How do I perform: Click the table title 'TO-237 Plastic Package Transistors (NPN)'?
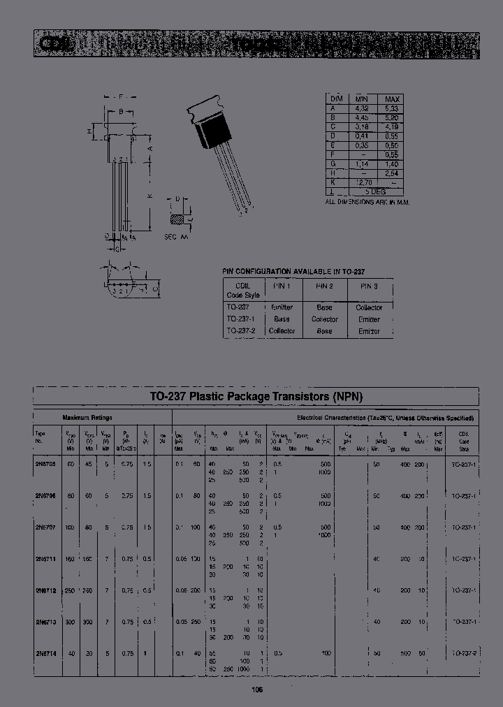coord(256,396)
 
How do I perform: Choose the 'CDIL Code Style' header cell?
coord(243,290)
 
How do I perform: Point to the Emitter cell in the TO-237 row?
coord(282,307)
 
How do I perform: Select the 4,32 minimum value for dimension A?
coord(362,109)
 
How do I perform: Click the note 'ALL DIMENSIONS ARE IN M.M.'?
coord(367,202)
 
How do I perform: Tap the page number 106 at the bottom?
coord(256,689)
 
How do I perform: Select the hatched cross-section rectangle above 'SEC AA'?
coord(179,220)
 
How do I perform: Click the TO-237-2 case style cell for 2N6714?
coord(463,653)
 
